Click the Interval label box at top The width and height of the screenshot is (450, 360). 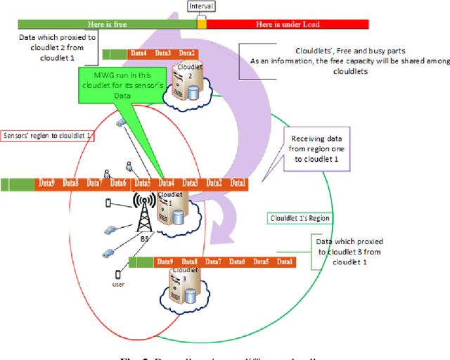tap(201, 6)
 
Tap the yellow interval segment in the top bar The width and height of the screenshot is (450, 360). tap(202, 24)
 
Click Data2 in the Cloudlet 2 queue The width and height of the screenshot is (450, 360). tap(186, 53)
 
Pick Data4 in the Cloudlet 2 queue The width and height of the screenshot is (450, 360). tap(139, 53)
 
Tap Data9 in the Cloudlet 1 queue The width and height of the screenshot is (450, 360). tap(47, 184)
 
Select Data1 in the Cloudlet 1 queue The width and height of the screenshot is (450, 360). tap(238, 184)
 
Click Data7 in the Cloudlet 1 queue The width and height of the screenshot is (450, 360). tap(94, 184)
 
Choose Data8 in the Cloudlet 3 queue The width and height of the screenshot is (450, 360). tap(191, 262)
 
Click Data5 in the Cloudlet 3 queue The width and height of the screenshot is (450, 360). tap(261, 262)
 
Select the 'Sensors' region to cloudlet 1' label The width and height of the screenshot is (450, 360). tap(48, 134)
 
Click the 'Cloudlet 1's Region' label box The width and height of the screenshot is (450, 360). tap(300, 218)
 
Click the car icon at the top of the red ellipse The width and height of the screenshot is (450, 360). tap(121, 122)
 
